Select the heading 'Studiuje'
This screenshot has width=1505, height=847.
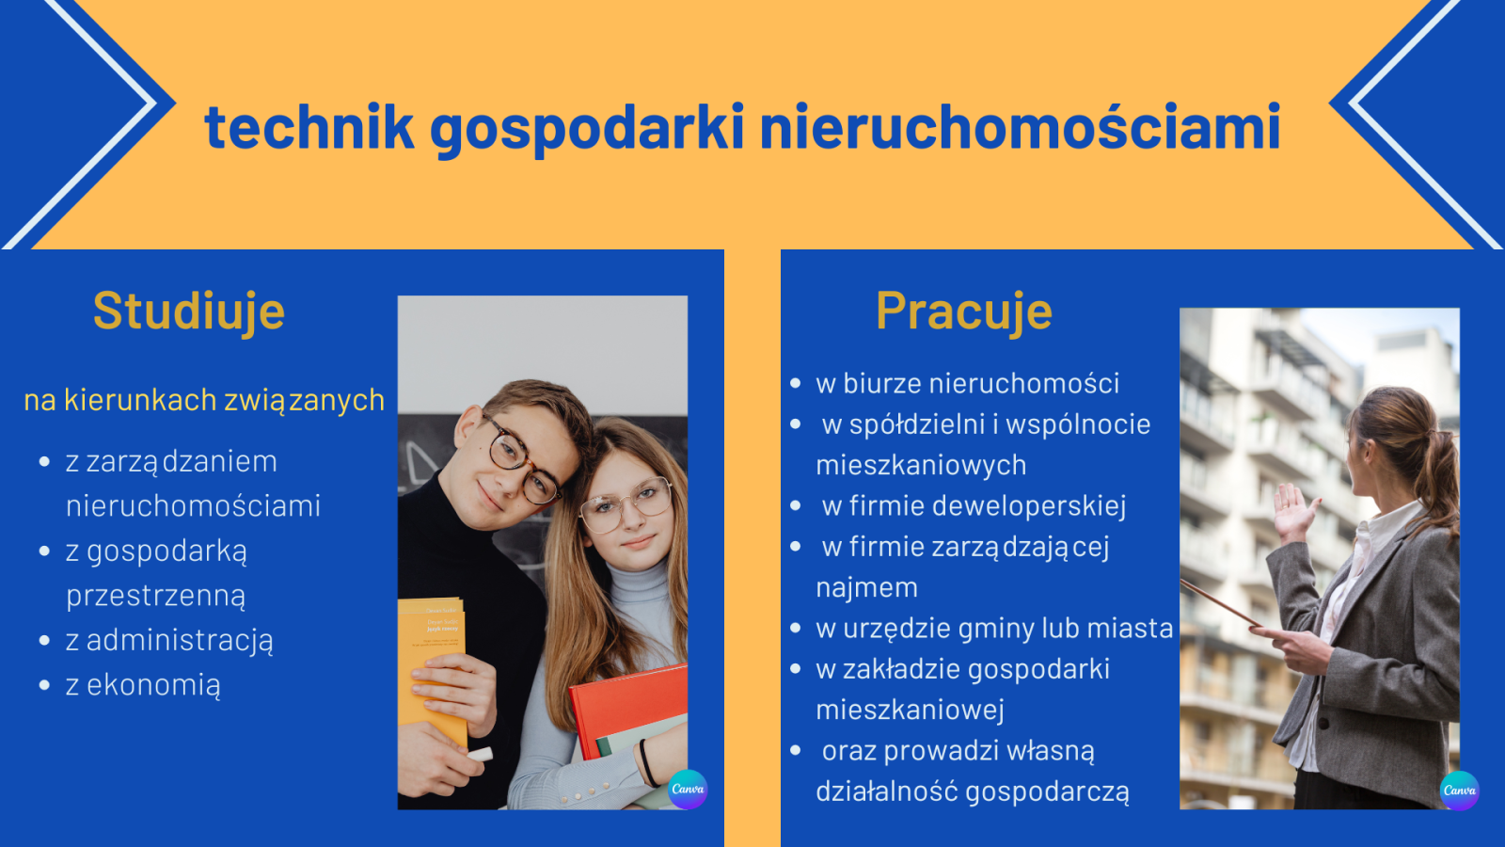click(x=189, y=312)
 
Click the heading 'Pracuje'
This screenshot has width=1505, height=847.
click(x=964, y=312)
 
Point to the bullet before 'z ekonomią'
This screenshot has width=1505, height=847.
click(x=45, y=685)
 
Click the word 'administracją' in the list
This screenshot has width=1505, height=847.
click(x=180, y=641)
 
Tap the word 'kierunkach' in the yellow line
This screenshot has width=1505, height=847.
click(x=140, y=400)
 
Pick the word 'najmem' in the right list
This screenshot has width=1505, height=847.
click(x=866, y=588)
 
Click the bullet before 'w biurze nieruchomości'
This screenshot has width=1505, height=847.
click(x=796, y=384)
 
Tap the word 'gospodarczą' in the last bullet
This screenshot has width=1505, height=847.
click(x=1048, y=791)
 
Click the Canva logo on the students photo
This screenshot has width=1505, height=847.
click(x=688, y=790)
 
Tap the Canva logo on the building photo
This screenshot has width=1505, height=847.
click(x=1459, y=791)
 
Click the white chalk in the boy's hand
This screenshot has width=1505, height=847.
click(x=480, y=754)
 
